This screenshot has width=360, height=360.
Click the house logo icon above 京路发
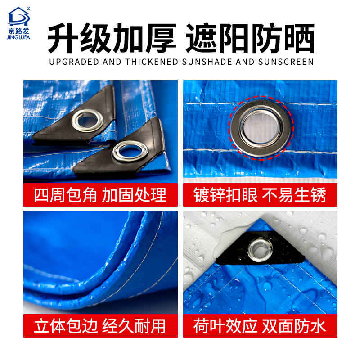coord(18,16)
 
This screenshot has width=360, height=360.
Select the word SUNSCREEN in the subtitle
coord(286,62)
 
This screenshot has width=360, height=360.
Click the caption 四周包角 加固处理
coord(100,195)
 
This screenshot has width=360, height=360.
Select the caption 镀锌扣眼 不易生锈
coord(260,195)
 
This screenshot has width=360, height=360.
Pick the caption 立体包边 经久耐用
coord(100,325)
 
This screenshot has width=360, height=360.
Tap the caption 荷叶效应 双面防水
coord(260,325)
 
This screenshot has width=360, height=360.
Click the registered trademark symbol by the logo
coord(28,8)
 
